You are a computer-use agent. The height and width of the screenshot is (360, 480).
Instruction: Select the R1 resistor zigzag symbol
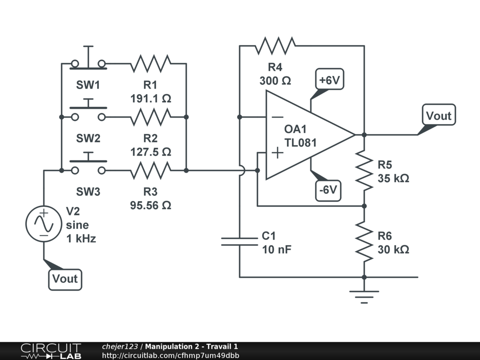[150, 63]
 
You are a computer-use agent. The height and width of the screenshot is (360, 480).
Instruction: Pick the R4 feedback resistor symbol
[275, 45]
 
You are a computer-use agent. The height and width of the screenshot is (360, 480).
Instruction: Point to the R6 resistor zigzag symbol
[364, 241]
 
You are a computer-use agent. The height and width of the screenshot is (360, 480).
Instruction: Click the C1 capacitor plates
[240, 241]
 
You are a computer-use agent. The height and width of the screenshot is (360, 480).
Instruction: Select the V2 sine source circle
[44, 224]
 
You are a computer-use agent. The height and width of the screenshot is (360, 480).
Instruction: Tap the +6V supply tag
[330, 80]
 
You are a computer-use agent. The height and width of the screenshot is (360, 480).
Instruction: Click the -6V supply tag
[328, 190]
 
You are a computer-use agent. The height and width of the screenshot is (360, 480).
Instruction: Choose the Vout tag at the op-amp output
[439, 115]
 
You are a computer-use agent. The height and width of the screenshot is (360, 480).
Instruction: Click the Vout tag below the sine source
[65, 279]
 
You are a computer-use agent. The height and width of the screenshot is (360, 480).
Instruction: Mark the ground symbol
[364, 295]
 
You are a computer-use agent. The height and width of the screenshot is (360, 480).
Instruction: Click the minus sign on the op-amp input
[277, 117]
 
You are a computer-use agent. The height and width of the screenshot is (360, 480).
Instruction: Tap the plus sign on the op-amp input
[277, 153]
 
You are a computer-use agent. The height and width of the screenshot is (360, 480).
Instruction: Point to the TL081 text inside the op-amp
[300, 142]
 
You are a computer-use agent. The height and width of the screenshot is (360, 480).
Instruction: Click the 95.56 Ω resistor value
[150, 205]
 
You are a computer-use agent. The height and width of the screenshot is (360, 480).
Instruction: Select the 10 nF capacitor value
[277, 249]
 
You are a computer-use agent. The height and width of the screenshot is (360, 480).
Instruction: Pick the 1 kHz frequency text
[81, 239]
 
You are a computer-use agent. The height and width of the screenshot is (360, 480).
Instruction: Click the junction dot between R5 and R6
[364, 206]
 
